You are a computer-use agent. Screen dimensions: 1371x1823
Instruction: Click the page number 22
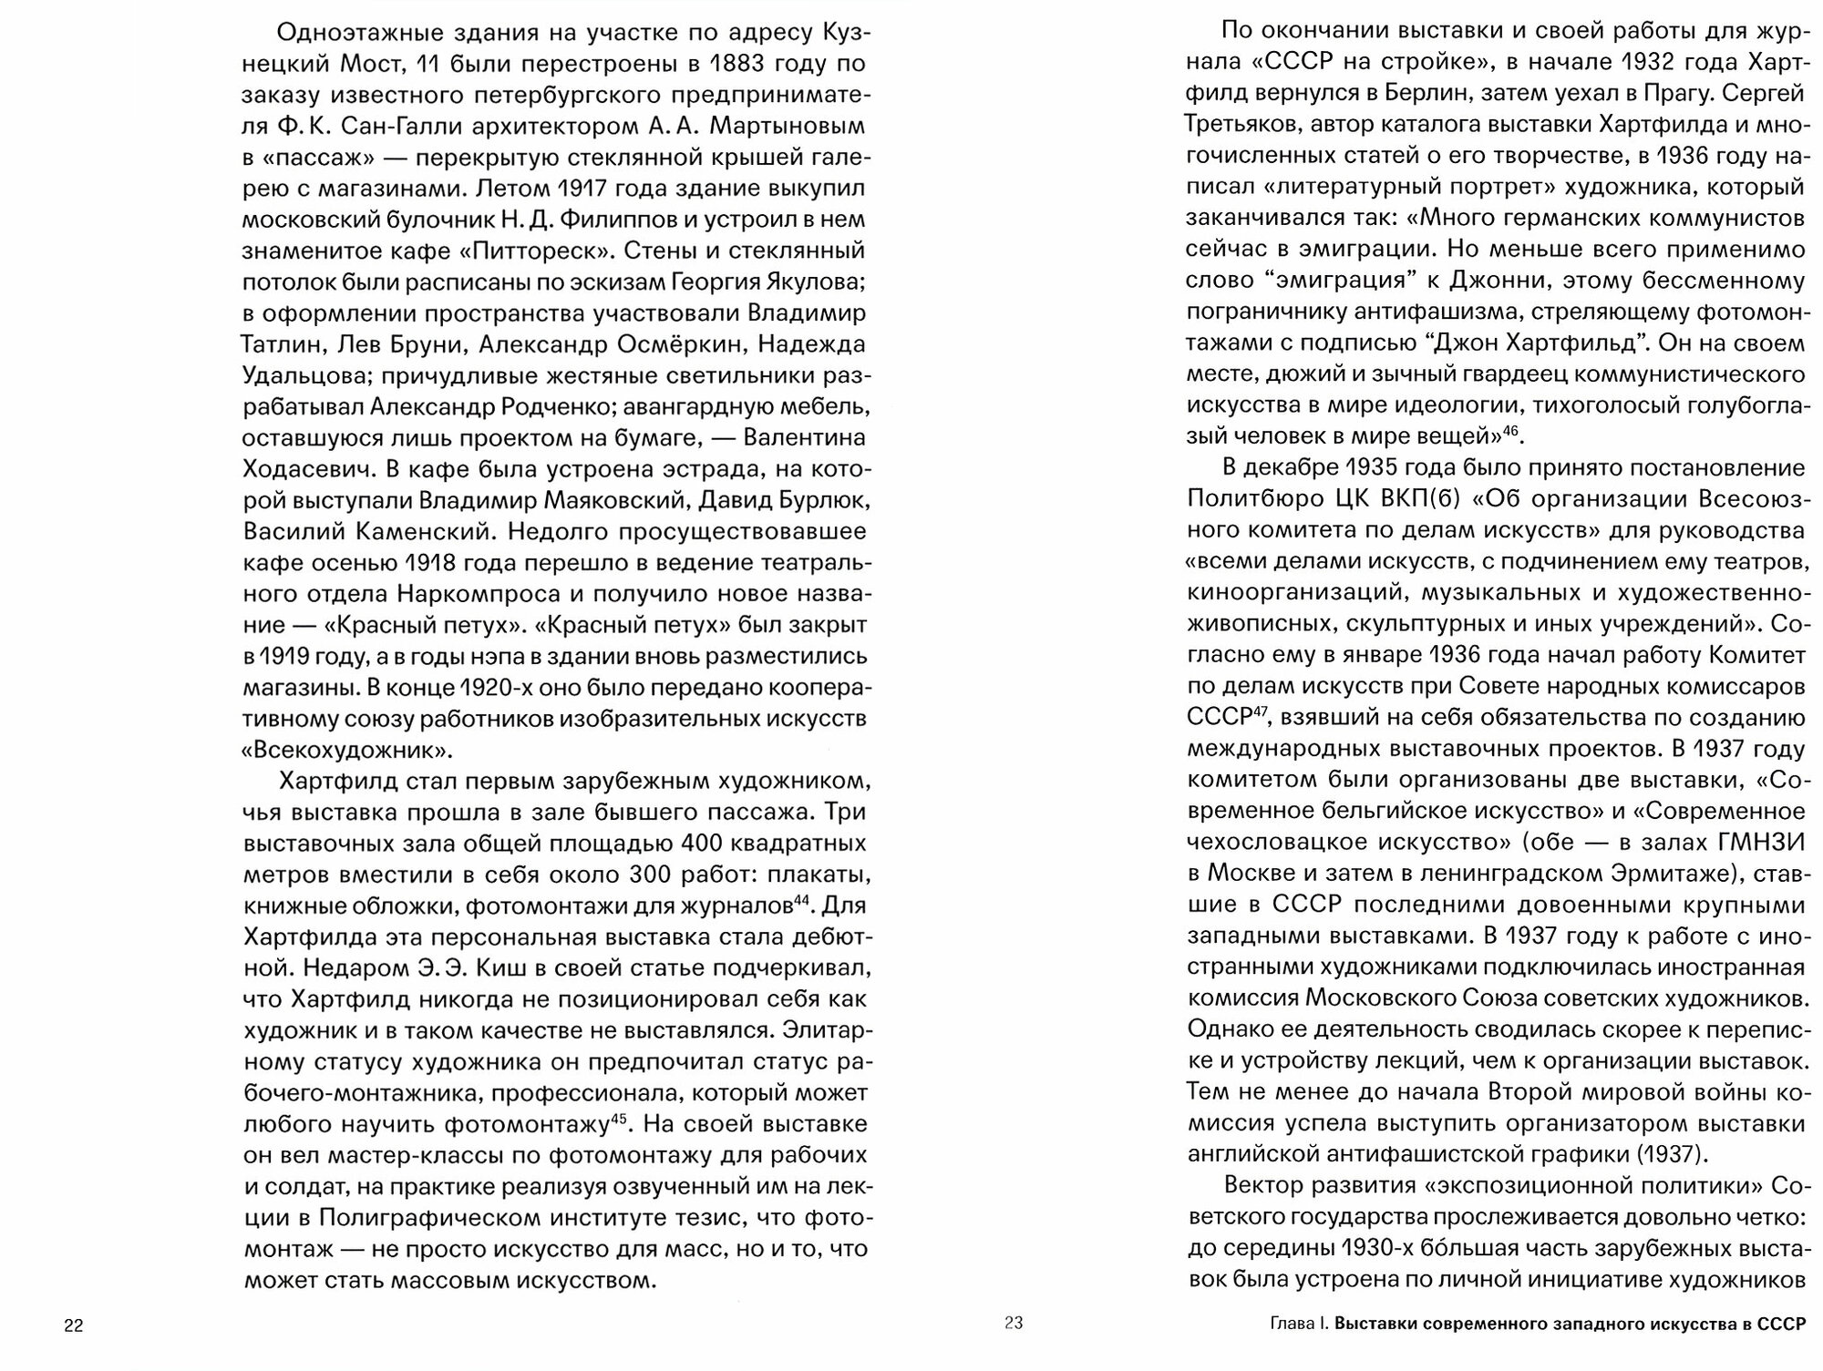(73, 1325)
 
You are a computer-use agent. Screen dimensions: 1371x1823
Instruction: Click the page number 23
(1014, 1323)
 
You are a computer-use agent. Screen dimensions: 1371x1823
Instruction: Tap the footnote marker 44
(801, 900)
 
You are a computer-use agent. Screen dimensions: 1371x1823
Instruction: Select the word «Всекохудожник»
(347, 751)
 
